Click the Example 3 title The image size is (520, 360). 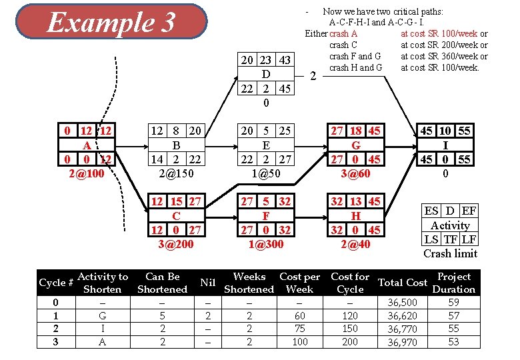point(111,23)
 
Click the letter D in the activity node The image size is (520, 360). point(266,74)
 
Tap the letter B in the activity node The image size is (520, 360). point(176,145)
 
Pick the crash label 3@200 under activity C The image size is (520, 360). point(176,244)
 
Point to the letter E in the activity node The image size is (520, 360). point(266,145)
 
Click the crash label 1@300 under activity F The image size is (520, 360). point(266,244)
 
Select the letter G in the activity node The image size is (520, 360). point(356,145)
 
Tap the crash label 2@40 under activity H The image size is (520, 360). point(356,244)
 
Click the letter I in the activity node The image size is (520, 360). point(445,145)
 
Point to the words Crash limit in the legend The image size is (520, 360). point(451,253)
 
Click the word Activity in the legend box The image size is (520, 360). point(451,225)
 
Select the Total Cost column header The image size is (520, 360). point(402,283)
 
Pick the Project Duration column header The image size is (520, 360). point(453,283)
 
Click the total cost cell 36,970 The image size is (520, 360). point(402,342)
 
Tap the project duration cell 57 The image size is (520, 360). point(453,315)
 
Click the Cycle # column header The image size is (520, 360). point(56,283)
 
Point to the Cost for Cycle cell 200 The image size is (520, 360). point(350,341)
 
